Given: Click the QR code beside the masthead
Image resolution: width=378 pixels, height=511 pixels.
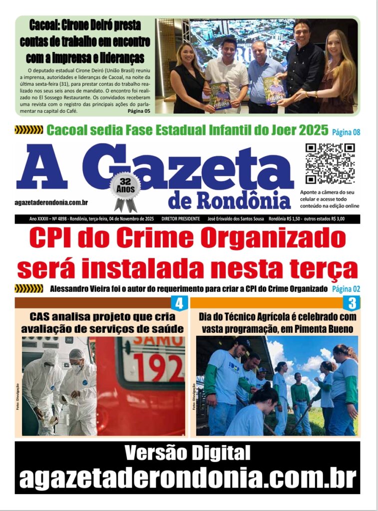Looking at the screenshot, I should (330, 164).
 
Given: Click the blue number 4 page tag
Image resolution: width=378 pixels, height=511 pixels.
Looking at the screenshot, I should (179, 303).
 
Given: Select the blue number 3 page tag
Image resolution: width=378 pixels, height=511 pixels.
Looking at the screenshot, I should (353, 303).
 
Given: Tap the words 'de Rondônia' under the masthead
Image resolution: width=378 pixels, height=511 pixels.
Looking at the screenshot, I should (229, 200).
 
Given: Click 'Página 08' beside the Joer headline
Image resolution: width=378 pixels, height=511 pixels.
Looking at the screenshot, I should (346, 132).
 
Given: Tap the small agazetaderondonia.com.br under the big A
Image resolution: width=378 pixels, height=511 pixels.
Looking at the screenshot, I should (52, 202).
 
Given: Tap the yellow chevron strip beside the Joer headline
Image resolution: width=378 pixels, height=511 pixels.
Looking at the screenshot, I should (29, 130).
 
